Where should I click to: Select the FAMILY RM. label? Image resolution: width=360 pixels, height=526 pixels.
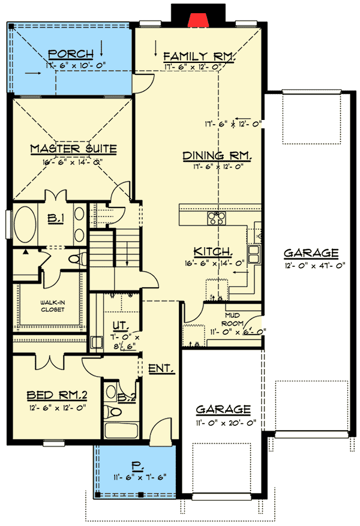pos(199,57)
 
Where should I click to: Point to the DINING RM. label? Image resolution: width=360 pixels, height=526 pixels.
pos(217,155)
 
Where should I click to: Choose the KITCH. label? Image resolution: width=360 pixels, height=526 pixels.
pos(212,251)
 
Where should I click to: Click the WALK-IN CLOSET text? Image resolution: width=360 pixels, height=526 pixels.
pos(53,306)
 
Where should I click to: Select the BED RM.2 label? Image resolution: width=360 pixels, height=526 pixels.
pos(58,395)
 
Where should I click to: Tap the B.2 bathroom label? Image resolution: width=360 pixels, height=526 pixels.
pos(125,396)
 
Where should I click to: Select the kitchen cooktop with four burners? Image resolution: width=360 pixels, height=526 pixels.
pos(216,218)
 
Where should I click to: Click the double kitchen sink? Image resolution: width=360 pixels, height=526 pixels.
pos(255,254)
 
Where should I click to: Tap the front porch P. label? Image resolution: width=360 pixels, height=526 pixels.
pos(136,465)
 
